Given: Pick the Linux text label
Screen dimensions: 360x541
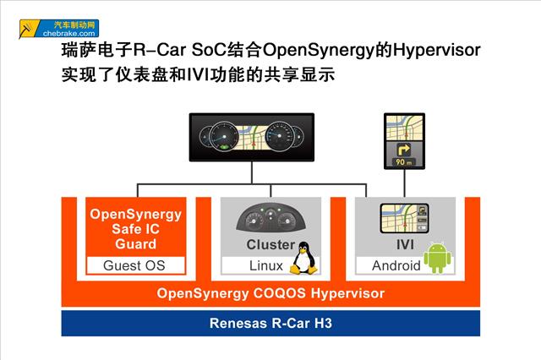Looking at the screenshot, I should click(x=266, y=265).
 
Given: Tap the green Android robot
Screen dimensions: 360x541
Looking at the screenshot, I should click(x=437, y=256).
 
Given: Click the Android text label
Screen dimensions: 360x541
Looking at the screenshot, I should click(x=396, y=265).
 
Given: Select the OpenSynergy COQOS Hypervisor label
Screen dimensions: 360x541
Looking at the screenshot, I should click(x=270, y=294).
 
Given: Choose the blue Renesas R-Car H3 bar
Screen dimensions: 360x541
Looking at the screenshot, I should click(x=270, y=323).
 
